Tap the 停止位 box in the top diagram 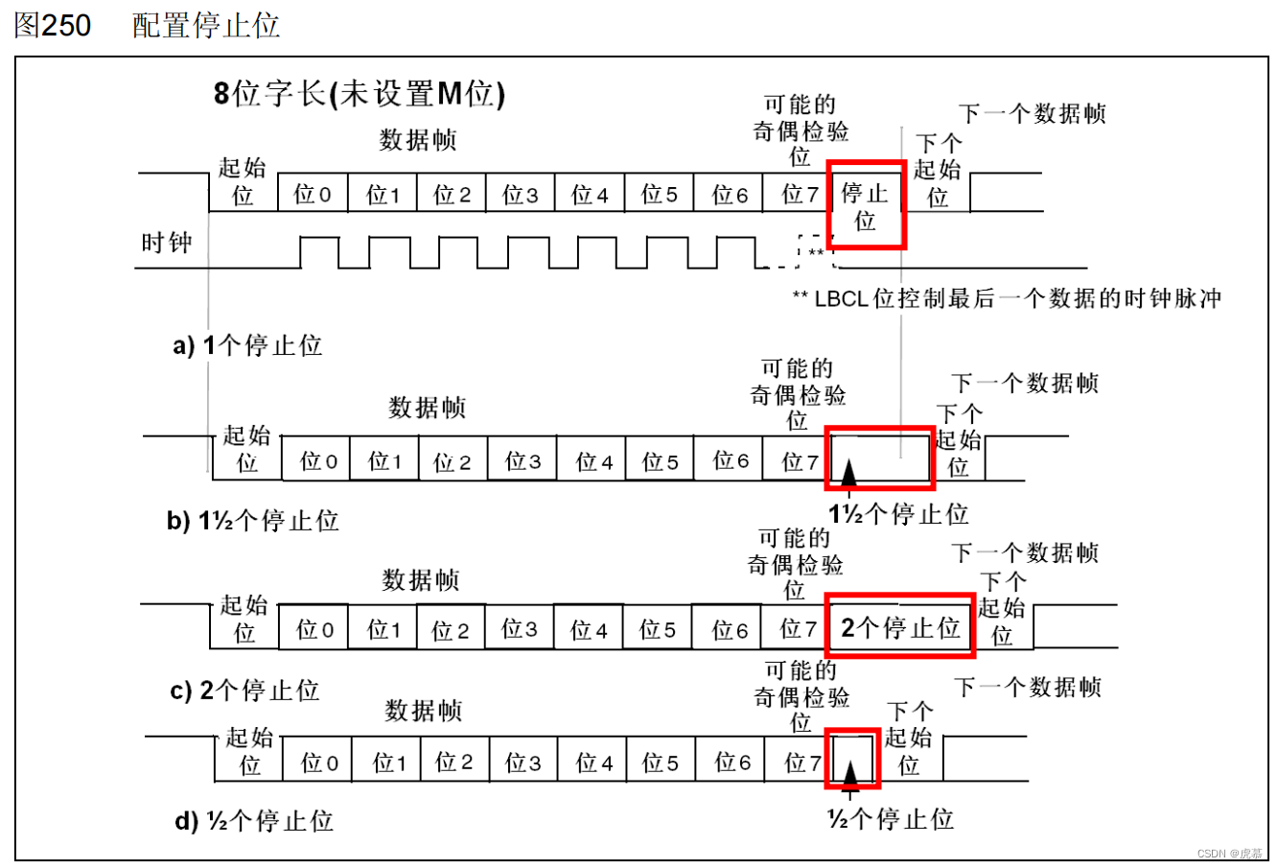(865, 206)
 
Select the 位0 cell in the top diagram (313, 195)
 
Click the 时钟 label (167, 243)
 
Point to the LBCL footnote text (1007, 298)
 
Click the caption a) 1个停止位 (247, 345)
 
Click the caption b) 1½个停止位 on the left (253, 521)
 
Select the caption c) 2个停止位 (245, 691)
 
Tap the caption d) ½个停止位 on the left (254, 821)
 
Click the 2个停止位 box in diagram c (900, 627)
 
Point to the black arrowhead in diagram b (847, 473)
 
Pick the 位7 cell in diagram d (802, 762)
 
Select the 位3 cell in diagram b (522, 461)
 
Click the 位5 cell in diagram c (658, 630)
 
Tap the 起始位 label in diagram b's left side (246, 449)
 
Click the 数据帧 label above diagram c (421, 580)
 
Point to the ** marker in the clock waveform (815, 253)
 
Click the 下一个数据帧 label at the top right (1033, 114)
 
